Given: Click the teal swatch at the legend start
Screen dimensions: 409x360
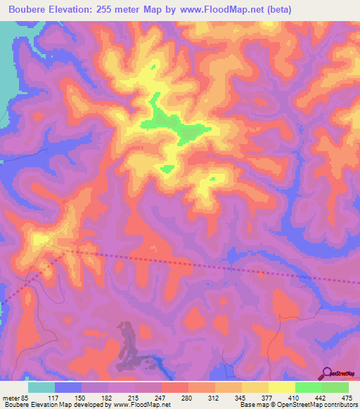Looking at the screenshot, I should click(41, 387).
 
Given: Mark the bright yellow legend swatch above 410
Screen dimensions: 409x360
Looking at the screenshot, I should click(282, 387).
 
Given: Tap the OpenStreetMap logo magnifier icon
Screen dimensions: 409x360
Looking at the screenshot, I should click(328, 373).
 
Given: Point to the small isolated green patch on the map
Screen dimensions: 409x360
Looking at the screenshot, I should click(167, 168).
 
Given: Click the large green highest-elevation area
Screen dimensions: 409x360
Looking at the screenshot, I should click(176, 125).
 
